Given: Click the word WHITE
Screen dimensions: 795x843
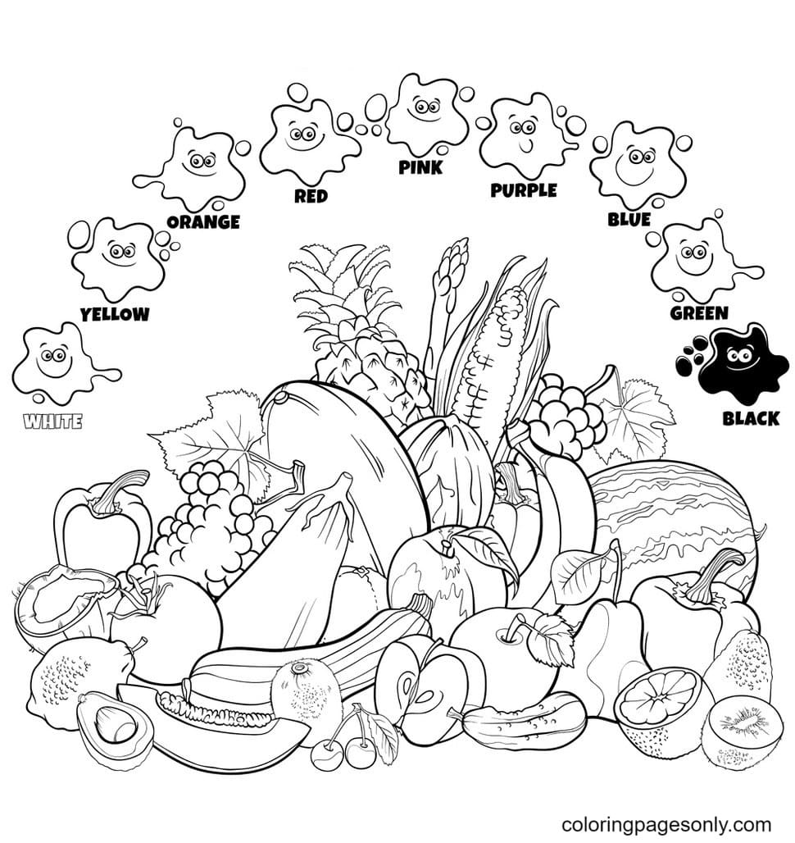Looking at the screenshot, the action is pyautogui.click(x=53, y=422).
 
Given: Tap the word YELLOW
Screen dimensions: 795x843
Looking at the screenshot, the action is pyautogui.click(x=115, y=313).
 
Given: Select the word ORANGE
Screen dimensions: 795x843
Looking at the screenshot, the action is pyautogui.click(x=202, y=221).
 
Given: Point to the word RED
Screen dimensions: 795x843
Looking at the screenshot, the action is pyautogui.click(x=311, y=196).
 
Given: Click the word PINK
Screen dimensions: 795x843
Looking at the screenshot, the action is pyautogui.click(x=420, y=167).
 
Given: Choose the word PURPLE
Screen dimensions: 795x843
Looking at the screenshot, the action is pyautogui.click(x=523, y=190).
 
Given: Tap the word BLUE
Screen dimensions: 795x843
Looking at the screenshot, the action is pyautogui.click(x=629, y=219).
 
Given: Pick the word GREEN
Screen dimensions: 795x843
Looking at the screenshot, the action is pyautogui.click(x=698, y=312).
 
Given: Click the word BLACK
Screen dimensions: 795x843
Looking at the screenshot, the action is pyautogui.click(x=750, y=419).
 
